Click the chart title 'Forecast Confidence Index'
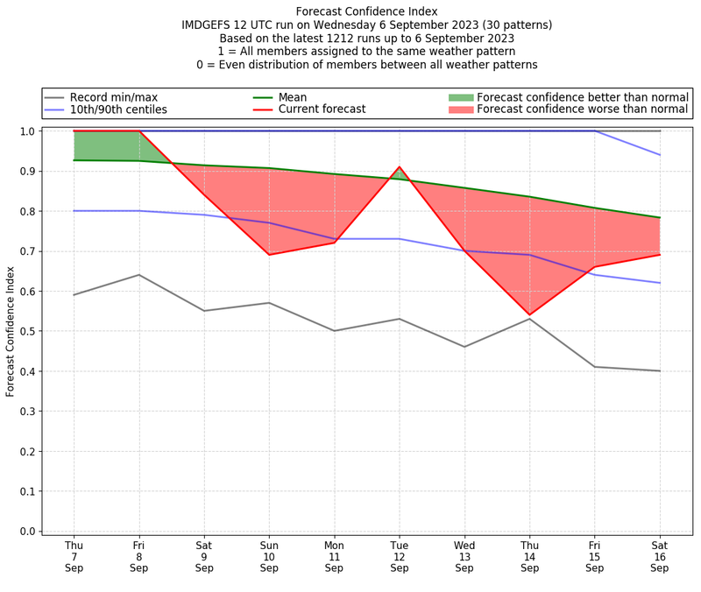pos(366,11)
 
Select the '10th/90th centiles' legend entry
pos(118,109)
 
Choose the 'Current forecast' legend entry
pos(322,109)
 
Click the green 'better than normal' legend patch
pos(460,96)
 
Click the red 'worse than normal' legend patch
pos(460,109)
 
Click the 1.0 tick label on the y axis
pos(27,131)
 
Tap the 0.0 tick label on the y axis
pos(27,531)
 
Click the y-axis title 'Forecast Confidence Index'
pos(11,331)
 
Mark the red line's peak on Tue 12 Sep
pos(400,167)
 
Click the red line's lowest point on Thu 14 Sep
pos(529,314)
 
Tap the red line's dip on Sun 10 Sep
pos(269,255)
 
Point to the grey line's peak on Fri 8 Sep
pos(138,275)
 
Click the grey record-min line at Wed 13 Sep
pos(464,347)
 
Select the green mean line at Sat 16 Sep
pos(660,218)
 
